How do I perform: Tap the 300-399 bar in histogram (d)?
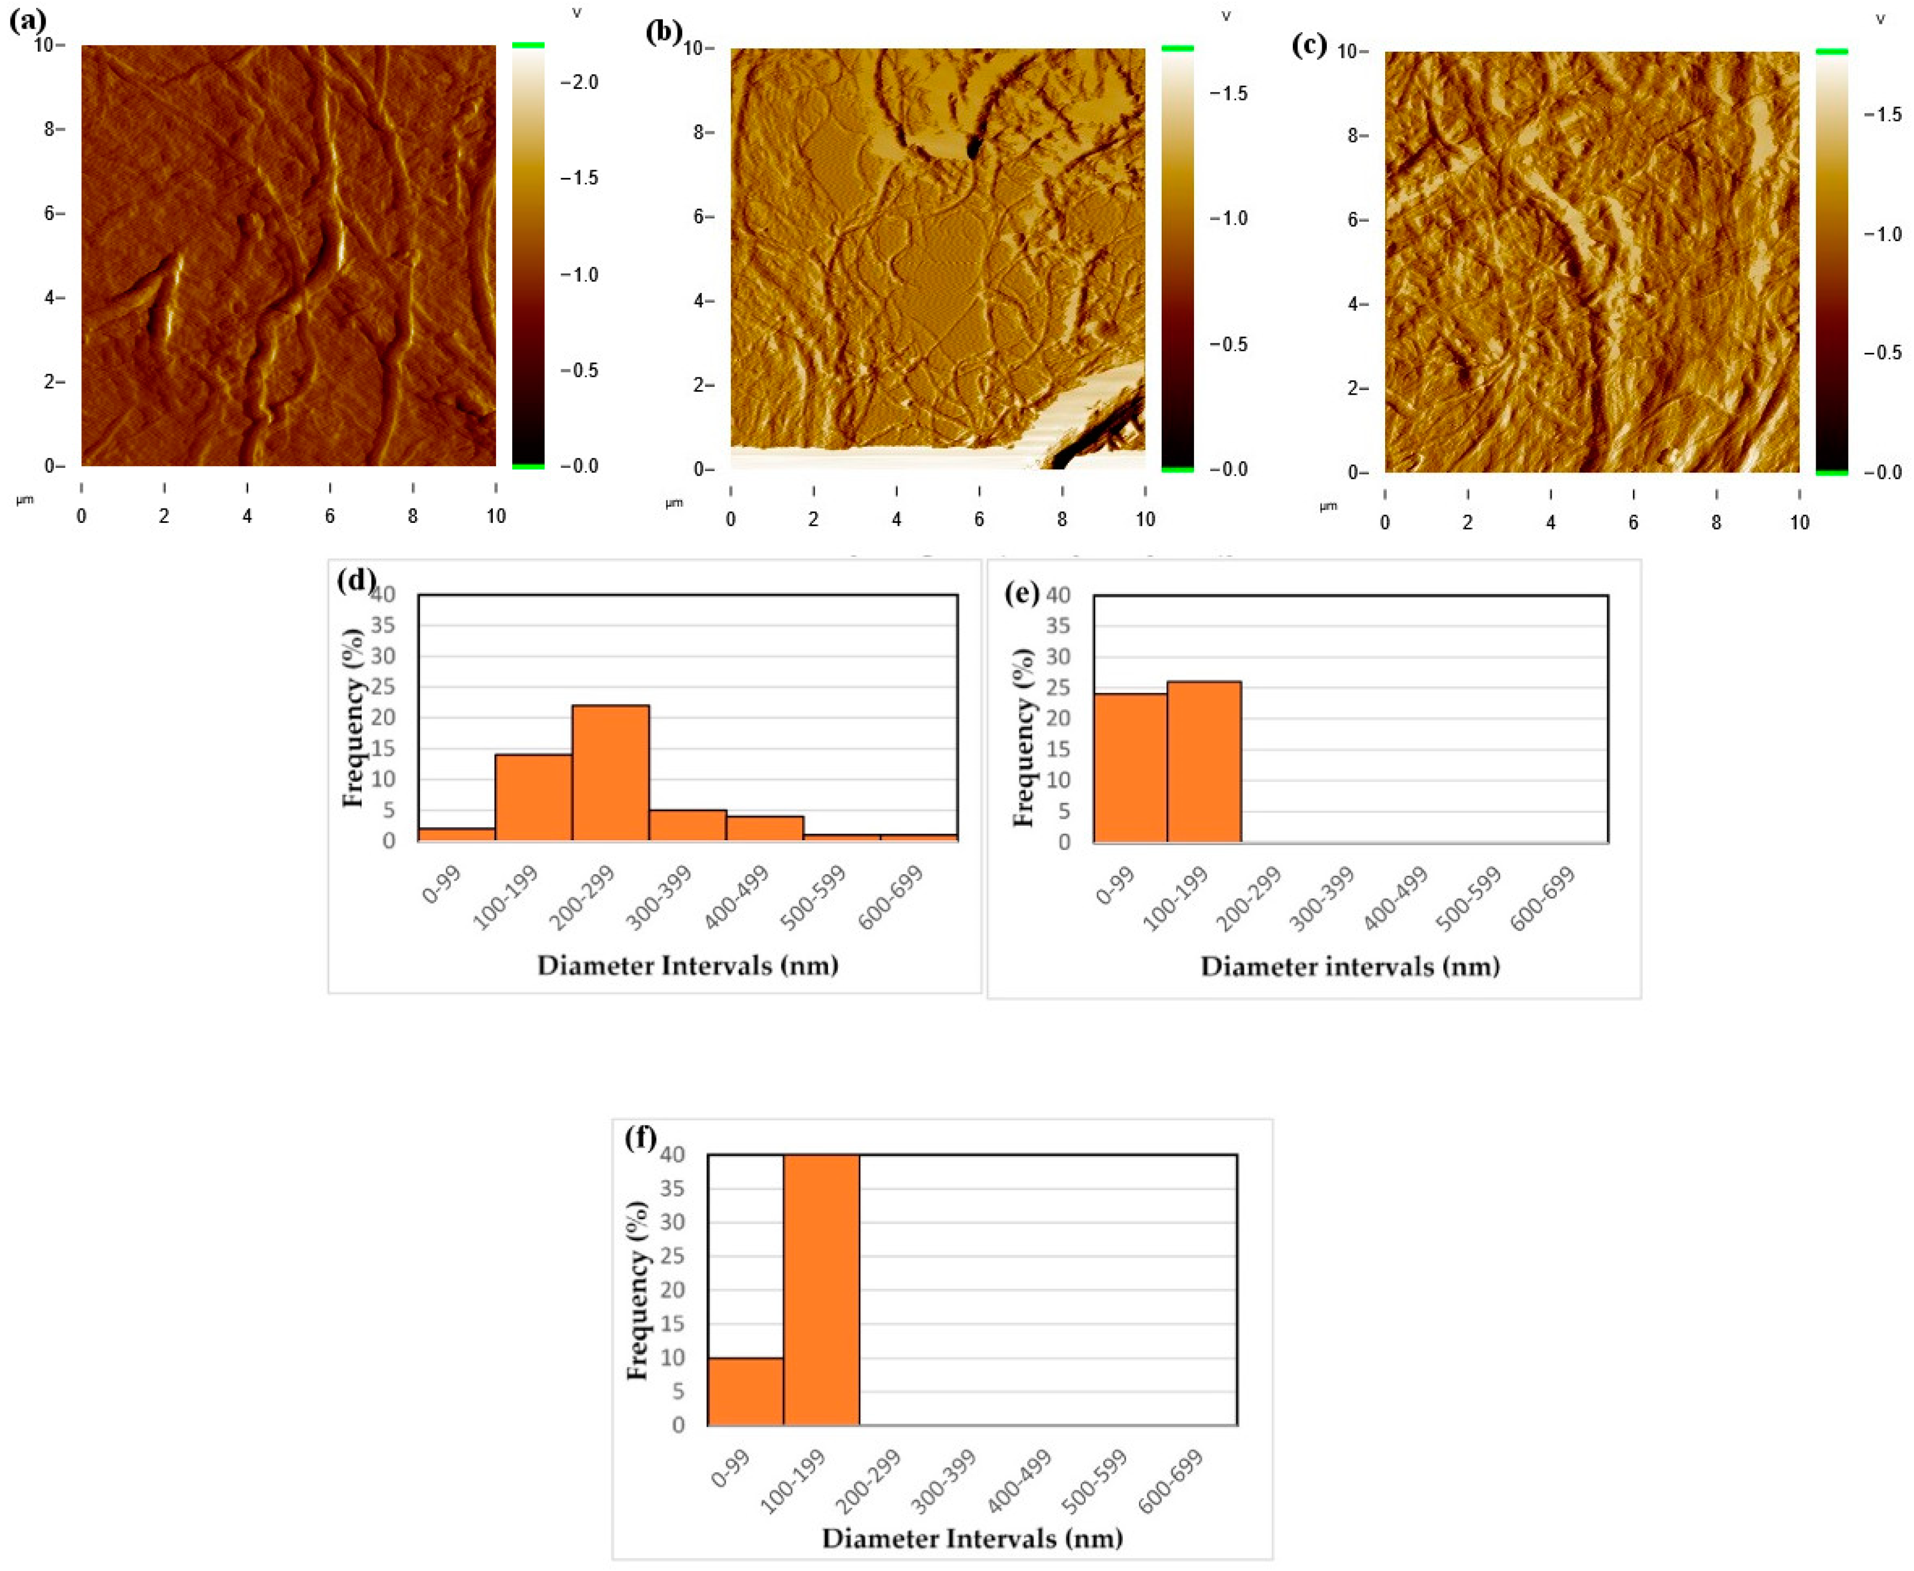[x=687, y=825]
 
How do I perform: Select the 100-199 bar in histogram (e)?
[x=1204, y=762]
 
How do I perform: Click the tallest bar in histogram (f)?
[x=821, y=1290]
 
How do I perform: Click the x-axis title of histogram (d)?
[x=687, y=966]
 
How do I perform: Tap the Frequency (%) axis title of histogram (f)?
[x=638, y=1290]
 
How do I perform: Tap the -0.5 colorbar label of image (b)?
[x=1227, y=345]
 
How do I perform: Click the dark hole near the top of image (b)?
[x=974, y=147]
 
